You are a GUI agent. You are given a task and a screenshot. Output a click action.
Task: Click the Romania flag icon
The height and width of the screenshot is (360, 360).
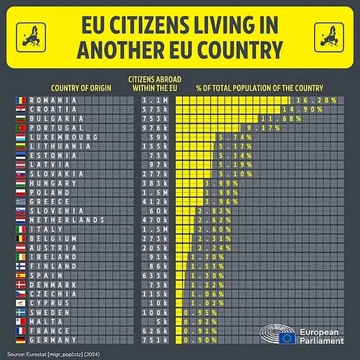20,100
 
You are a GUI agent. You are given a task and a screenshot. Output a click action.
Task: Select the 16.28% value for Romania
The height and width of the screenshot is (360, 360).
315,100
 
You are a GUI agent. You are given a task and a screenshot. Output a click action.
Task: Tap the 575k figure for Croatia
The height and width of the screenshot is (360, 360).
155,109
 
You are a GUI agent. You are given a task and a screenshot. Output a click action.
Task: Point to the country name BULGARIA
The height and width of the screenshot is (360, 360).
57,118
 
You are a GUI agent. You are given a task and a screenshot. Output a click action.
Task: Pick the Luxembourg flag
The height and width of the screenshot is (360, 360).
20,137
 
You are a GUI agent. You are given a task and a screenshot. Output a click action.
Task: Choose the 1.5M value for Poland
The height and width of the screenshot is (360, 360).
155,192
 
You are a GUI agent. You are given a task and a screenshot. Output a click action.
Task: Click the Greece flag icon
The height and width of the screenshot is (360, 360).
20,201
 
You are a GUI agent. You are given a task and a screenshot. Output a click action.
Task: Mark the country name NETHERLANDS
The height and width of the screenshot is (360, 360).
67,220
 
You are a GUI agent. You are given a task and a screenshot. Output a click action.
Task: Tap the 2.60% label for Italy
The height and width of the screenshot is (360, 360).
210,229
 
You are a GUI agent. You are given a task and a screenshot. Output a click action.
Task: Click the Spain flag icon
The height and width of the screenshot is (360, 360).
20,275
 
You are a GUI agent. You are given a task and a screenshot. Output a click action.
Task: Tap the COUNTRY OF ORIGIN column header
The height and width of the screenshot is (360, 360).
81,88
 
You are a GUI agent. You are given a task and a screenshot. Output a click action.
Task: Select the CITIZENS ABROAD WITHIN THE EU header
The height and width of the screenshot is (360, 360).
154,83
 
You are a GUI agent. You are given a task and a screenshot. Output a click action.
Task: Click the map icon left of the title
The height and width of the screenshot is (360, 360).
31,37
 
